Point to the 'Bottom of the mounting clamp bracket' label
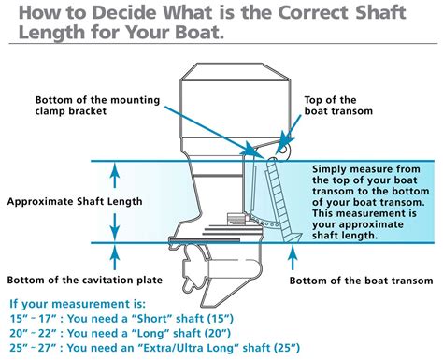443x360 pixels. tap(101, 106)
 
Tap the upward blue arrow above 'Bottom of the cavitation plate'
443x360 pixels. tap(114, 256)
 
